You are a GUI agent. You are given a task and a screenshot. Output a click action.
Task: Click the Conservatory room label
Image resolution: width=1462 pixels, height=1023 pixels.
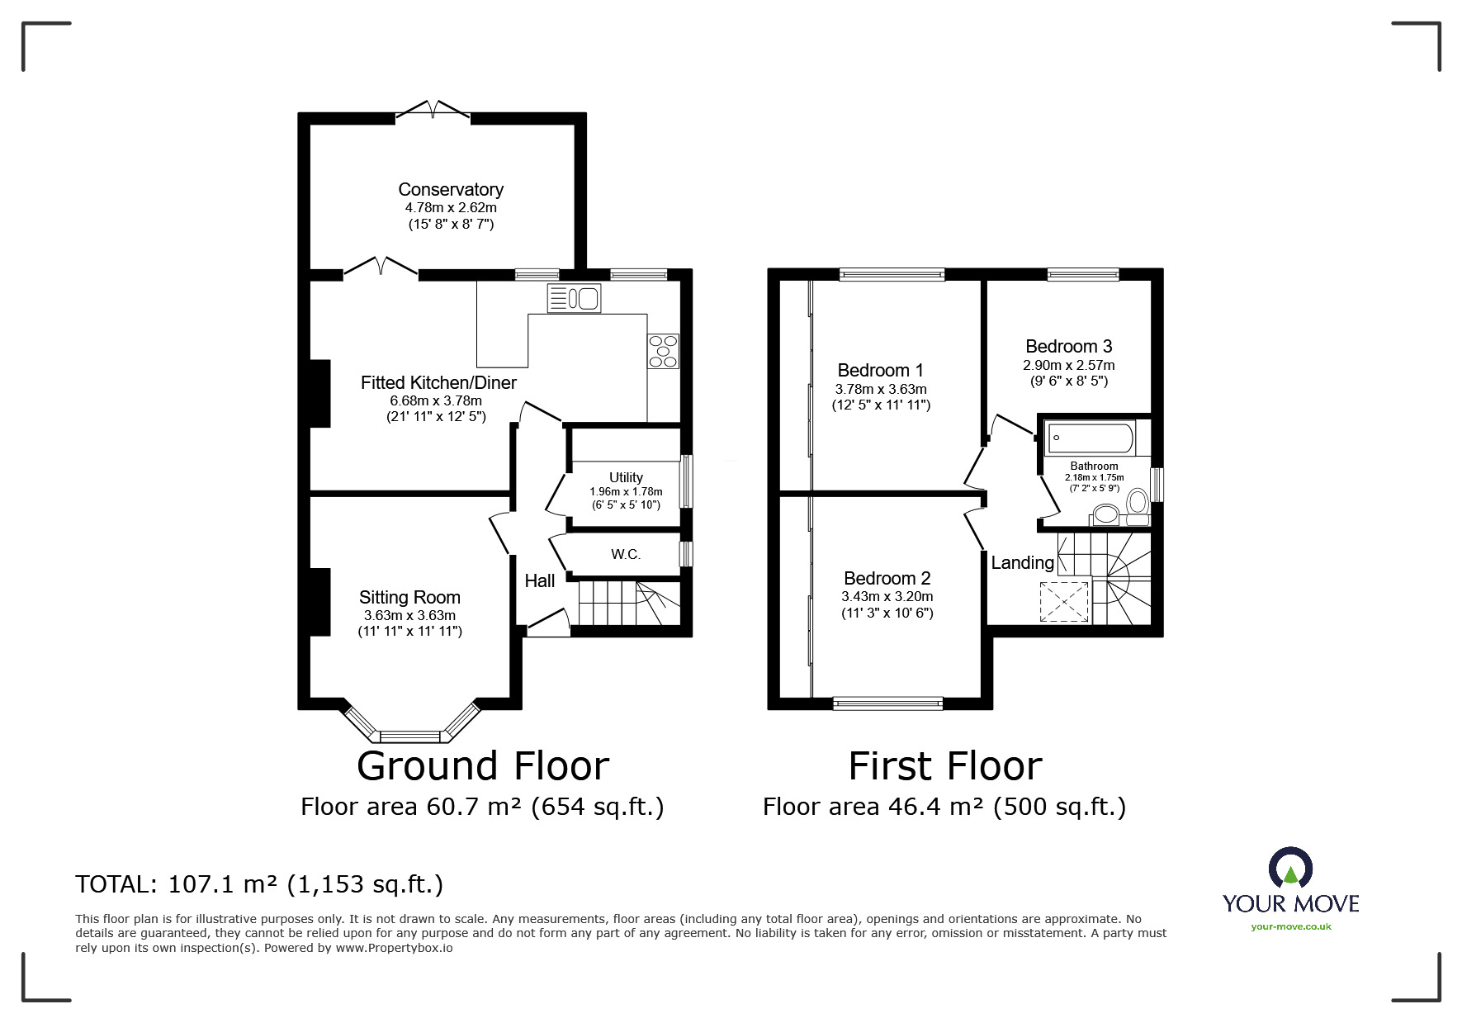pyautogui.click(x=451, y=190)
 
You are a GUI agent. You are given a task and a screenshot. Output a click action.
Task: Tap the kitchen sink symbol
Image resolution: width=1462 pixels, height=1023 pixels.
pyautogui.click(x=574, y=298)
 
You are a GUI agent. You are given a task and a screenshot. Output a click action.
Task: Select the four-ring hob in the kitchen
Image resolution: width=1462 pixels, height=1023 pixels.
pyautogui.click(x=664, y=350)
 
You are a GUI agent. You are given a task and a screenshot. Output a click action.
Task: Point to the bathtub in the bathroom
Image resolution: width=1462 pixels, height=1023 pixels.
pyautogui.click(x=1091, y=438)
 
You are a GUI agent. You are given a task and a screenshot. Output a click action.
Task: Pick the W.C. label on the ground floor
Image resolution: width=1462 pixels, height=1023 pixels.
pyautogui.click(x=626, y=554)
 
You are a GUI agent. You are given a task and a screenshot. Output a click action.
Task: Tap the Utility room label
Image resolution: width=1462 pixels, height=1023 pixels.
pyautogui.click(x=626, y=477)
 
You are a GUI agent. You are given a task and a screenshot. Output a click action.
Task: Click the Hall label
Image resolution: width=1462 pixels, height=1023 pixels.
pyautogui.click(x=540, y=581)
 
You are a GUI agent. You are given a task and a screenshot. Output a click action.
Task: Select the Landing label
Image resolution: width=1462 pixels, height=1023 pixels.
pyautogui.click(x=1022, y=563)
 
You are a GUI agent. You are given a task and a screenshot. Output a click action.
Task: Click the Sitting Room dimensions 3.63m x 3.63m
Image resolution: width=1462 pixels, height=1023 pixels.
pyautogui.click(x=409, y=616)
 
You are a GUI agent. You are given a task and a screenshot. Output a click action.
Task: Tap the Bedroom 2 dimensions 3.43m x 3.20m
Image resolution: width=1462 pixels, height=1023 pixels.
pyautogui.click(x=887, y=597)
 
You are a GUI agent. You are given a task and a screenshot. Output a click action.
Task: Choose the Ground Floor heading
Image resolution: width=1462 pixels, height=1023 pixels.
pyautogui.click(x=483, y=765)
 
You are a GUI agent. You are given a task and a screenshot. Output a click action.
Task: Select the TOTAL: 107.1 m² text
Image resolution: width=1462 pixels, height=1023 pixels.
pyautogui.click(x=177, y=884)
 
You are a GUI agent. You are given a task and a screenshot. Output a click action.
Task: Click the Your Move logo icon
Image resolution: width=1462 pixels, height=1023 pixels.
pyautogui.click(x=1290, y=868)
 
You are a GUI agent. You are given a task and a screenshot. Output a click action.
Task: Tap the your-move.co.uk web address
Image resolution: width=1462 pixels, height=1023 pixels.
pyautogui.click(x=1291, y=926)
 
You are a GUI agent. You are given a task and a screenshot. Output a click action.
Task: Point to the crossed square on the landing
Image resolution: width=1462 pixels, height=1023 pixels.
pyautogui.click(x=1065, y=600)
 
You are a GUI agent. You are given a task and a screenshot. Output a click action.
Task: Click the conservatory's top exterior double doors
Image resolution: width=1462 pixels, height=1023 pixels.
pyautogui.click(x=433, y=111)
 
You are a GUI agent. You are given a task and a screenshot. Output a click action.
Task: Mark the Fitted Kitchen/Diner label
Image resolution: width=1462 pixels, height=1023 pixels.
pyautogui.click(x=438, y=383)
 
